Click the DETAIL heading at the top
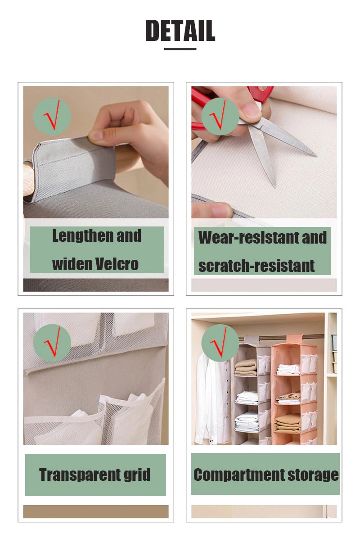pos(180,30)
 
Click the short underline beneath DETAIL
pos(180,49)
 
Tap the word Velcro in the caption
pos(117,264)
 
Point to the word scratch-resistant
pos(256,266)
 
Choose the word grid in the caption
pos(137,475)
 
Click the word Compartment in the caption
pos(239,475)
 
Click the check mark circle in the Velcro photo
pos(52,116)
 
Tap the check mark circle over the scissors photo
pos(220,116)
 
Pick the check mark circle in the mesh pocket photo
pos(52,343)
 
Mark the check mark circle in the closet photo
pos(220,343)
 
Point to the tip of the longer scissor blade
pos(317,156)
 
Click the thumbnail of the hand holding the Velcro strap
pos(96,152)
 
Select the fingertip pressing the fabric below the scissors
pos(212,210)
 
